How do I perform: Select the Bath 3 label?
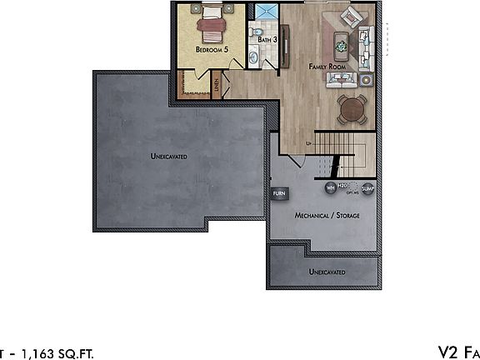point(267,39)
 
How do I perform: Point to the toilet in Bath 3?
point(253,32)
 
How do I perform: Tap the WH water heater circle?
point(329,187)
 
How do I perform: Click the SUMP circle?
point(367,188)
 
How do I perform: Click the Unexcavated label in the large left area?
point(168,156)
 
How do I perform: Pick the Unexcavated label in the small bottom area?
point(327,272)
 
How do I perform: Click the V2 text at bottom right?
point(448,352)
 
